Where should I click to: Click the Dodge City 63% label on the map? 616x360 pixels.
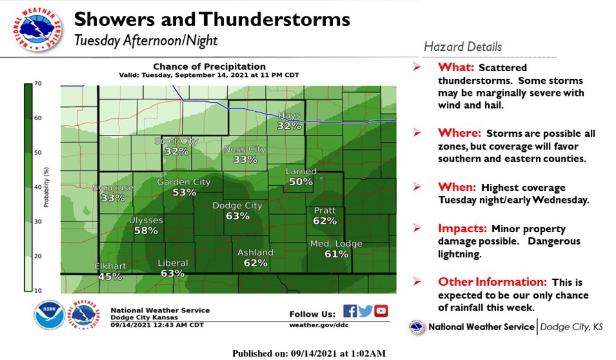[237, 211]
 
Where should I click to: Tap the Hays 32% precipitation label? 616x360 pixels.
[289, 121]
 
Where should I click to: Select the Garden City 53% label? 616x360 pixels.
[184, 187]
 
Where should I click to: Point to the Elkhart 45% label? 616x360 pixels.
[110, 271]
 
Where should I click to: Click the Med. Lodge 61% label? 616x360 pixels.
[336, 249]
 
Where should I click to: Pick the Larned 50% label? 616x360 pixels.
[301, 177]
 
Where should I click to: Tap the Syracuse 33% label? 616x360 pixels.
[113, 193]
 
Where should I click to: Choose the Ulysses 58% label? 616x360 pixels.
[146, 225]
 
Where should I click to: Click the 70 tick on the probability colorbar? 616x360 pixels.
[38, 84]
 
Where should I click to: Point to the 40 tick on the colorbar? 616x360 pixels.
[38, 187]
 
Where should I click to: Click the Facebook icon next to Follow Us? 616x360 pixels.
[350, 311]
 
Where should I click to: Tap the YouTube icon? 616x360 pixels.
[381, 311]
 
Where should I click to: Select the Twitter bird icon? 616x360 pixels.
[366, 311]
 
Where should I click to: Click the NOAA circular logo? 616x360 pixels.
[49, 315]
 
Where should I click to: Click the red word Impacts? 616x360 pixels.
[463, 228]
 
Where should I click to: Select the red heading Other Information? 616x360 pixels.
[492, 282]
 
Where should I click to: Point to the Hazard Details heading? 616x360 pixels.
[463, 47]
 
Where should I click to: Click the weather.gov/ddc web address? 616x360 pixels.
[319, 325]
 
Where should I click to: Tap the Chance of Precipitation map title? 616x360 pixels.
[209, 67]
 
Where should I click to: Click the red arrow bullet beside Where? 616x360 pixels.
[417, 133]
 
